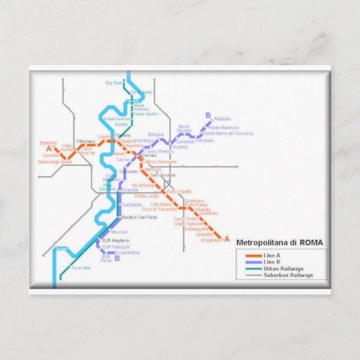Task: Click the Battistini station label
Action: (48, 143)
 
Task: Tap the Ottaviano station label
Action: (85, 141)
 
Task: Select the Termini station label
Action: (149, 156)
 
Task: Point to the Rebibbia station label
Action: (222, 119)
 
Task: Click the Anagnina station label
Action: (210, 240)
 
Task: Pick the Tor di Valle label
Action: (80, 268)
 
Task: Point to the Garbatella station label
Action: (131, 204)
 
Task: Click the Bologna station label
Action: (156, 134)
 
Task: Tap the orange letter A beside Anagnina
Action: (227, 240)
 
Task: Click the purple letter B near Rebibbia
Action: (208, 115)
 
